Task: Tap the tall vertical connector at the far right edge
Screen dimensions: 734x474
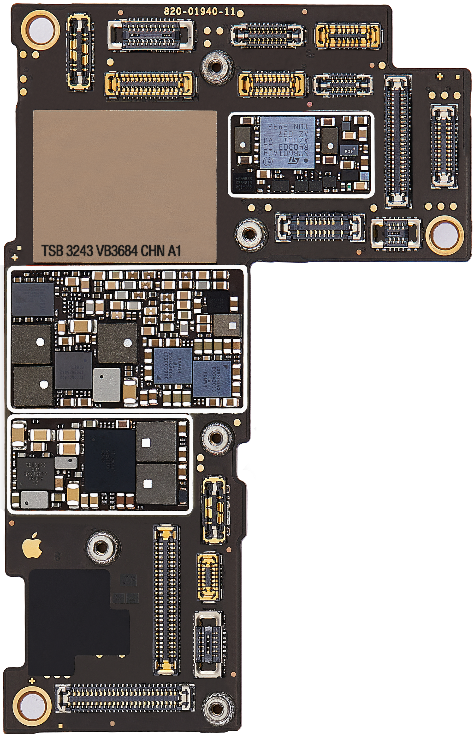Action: click(444, 146)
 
